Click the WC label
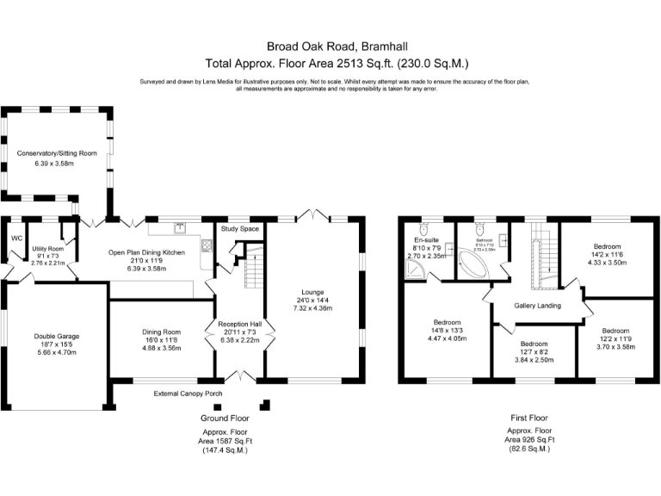16,239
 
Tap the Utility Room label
48,248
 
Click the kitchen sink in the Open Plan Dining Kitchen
181,228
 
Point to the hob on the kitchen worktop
206,245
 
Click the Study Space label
239,229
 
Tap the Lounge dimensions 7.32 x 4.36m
312,308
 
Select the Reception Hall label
239,324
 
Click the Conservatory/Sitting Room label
57,153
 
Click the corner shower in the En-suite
416,271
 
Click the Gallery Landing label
538,306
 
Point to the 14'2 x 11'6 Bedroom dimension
601,254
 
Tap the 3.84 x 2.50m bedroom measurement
534,359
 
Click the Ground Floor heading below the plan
225,418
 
